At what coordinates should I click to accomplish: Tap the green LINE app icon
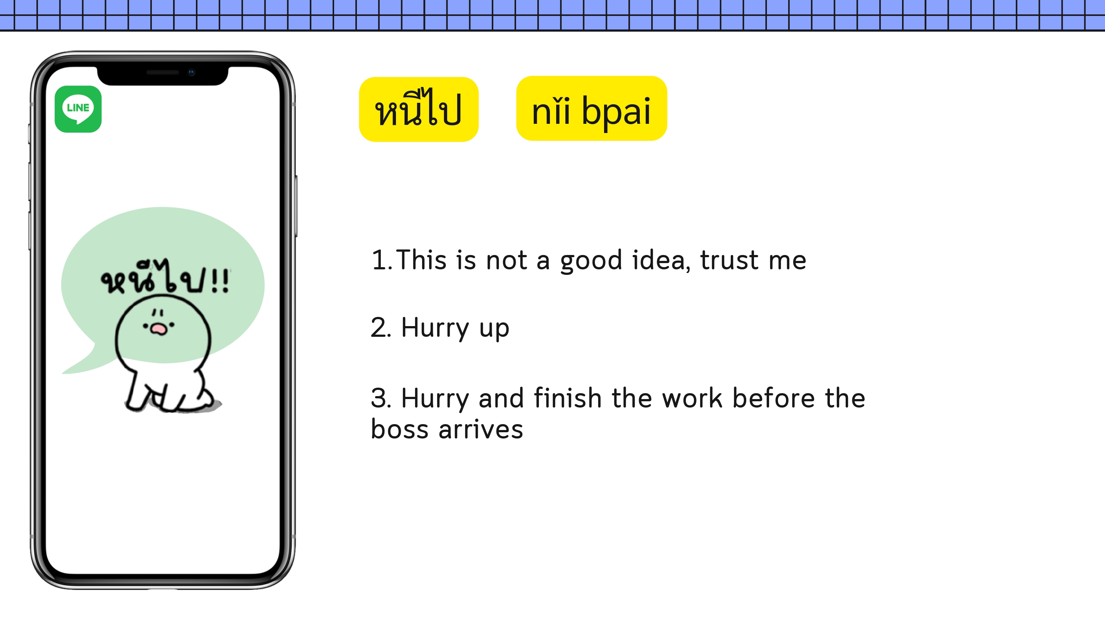tap(78, 109)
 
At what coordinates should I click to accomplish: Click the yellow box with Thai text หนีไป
tap(419, 109)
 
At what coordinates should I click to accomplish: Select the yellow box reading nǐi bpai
tap(592, 108)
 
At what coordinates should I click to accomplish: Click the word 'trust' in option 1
tap(729, 260)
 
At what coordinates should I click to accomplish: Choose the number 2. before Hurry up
tap(381, 328)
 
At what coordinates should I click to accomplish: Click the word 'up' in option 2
tap(494, 330)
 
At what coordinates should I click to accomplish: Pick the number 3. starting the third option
tap(381, 398)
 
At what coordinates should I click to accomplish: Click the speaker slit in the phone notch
tap(162, 73)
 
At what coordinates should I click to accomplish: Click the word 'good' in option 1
tap(591, 261)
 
